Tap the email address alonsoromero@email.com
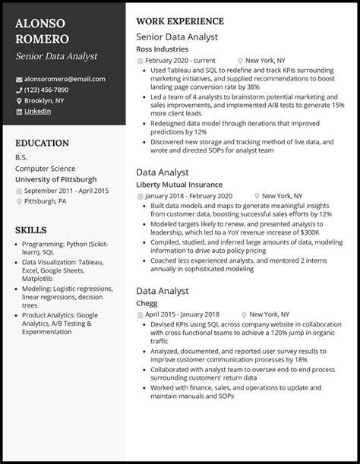(65, 79)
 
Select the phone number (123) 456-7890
(52, 90)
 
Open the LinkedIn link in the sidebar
(38, 111)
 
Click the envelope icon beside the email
(19, 79)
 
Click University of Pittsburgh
(55, 178)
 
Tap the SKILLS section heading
(31, 229)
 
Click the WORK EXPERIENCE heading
(180, 21)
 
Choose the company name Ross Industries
(162, 49)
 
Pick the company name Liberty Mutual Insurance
(178, 184)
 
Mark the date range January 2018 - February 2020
(186, 195)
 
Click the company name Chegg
(147, 302)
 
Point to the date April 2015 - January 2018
(182, 314)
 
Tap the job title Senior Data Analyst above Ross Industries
(177, 36)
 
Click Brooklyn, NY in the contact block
(45, 100)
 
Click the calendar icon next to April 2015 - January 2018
(140, 314)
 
